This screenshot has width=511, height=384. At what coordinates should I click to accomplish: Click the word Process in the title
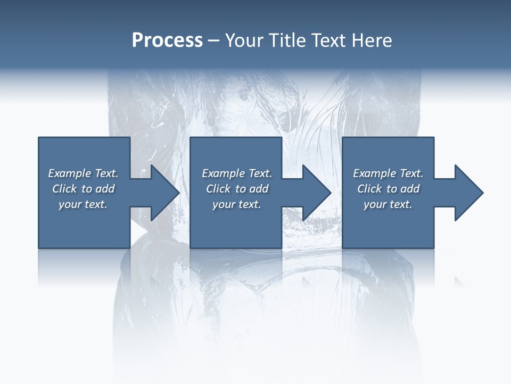click(167, 41)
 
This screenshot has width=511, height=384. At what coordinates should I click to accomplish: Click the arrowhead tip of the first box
click(178, 193)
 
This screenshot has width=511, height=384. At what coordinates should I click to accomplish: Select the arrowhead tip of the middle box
click(330, 193)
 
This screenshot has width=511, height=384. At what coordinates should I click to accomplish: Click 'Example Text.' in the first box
click(83, 173)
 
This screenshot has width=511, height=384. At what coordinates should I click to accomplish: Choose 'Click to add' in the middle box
click(237, 189)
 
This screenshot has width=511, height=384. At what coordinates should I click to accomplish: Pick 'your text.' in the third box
click(388, 204)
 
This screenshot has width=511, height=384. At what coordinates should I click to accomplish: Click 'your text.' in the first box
click(83, 204)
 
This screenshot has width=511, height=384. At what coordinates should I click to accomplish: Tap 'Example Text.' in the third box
click(388, 173)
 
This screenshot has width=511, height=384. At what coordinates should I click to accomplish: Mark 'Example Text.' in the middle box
click(237, 173)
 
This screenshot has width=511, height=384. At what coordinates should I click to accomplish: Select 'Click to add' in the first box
click(83, 189)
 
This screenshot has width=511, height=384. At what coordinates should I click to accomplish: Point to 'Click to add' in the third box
click(388, 189)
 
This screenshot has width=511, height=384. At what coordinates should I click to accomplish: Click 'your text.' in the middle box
click(237, 204)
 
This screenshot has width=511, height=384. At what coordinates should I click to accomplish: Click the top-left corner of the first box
click(39, 138)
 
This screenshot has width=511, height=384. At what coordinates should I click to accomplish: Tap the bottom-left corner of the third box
click(343, 247)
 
